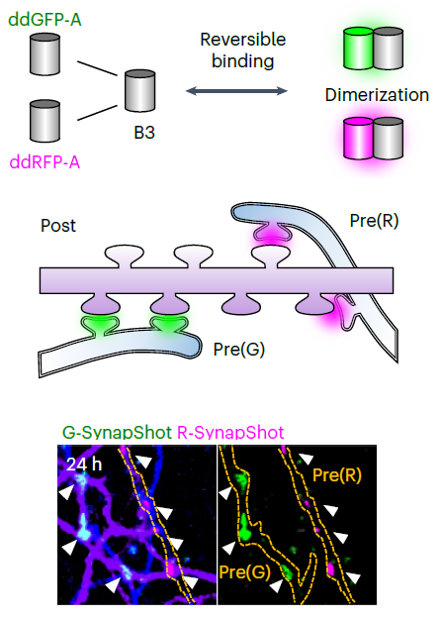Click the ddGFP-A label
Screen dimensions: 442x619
point(44,20)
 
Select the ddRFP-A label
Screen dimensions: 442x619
point(44,162)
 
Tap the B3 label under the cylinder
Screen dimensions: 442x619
point(144,133)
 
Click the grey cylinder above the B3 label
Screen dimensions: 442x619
point(140,91)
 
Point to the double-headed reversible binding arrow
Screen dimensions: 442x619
point(236,91)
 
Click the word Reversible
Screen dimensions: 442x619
point(243,40)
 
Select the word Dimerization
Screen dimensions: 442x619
point(377,95)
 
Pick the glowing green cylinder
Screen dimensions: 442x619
point(358,49)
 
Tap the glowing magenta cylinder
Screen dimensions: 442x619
point(358,139)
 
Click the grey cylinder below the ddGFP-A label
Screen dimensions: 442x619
point(44,54)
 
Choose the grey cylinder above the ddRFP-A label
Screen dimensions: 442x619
point(44,121)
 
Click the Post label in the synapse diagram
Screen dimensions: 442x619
point(58,226)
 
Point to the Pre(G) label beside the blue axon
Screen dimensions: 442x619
point(239,350)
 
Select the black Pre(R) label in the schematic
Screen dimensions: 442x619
point(374,221)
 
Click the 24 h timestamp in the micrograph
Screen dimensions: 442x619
point(84,464)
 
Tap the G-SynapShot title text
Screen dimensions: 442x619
point(117,432)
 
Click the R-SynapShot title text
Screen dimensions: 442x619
point(230,432)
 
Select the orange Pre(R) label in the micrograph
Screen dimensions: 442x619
point(337,475)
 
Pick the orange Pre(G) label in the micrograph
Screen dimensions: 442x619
point(244,572)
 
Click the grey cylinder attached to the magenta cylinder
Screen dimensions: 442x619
point(389,139)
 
